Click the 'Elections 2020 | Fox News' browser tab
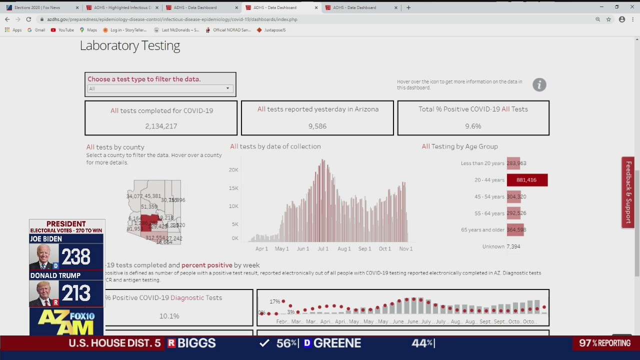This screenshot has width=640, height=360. pos(37,7)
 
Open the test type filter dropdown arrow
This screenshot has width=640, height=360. pos(227,88)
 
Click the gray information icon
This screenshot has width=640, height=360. pos(539,84)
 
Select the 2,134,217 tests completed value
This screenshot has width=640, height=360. pos(161,126)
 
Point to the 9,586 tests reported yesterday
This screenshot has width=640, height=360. pos(317,126)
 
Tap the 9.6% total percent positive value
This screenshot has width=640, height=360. pos(473,126)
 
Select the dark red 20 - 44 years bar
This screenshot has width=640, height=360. pos(527,180)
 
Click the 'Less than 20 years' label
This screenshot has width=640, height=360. pos(482,163)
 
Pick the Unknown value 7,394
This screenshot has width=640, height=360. pos(513,246)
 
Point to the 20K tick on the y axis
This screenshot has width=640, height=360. pos(233,170)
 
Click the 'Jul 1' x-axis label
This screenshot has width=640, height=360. pos(323,248)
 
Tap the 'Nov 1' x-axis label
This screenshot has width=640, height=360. pos(405,248)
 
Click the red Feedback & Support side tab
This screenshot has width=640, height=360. pos(628,192)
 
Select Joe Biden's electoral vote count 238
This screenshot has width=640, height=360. pos(76,257)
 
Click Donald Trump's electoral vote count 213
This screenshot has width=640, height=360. pos(76,293)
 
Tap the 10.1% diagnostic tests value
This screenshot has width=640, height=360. pos(169,316)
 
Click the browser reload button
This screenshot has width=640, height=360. pos(28,19)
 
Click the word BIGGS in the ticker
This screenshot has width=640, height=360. pos(196,343)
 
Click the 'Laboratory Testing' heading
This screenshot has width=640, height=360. pos(129,45)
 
